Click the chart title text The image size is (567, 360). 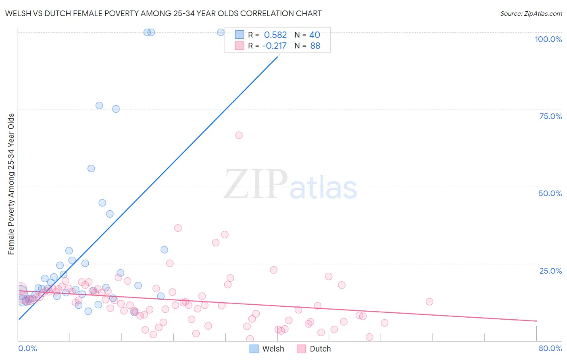pos(163,13)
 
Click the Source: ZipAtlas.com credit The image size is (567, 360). pos(531,13)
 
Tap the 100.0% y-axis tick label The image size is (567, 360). pos(548,39)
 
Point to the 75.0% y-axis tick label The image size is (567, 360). pos(550,116)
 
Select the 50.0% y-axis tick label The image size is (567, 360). pos(550,193)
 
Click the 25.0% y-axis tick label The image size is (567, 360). pos(550,270)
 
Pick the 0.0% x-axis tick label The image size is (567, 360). pos(27,348)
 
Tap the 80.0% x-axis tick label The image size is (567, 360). pos(550,348)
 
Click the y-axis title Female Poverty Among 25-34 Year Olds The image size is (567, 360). pos(11,184)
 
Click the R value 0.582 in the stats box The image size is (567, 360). pos(275,35)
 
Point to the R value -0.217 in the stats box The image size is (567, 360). pos(274,46)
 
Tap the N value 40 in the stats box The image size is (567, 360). pos(315,35)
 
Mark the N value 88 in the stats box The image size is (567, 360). pos(315,46)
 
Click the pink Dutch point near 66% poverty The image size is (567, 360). pos(239,135)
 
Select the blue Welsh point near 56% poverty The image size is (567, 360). pos(91,168)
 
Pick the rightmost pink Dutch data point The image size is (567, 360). pos(429,301)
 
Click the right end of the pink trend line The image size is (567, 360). pos(536,321)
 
